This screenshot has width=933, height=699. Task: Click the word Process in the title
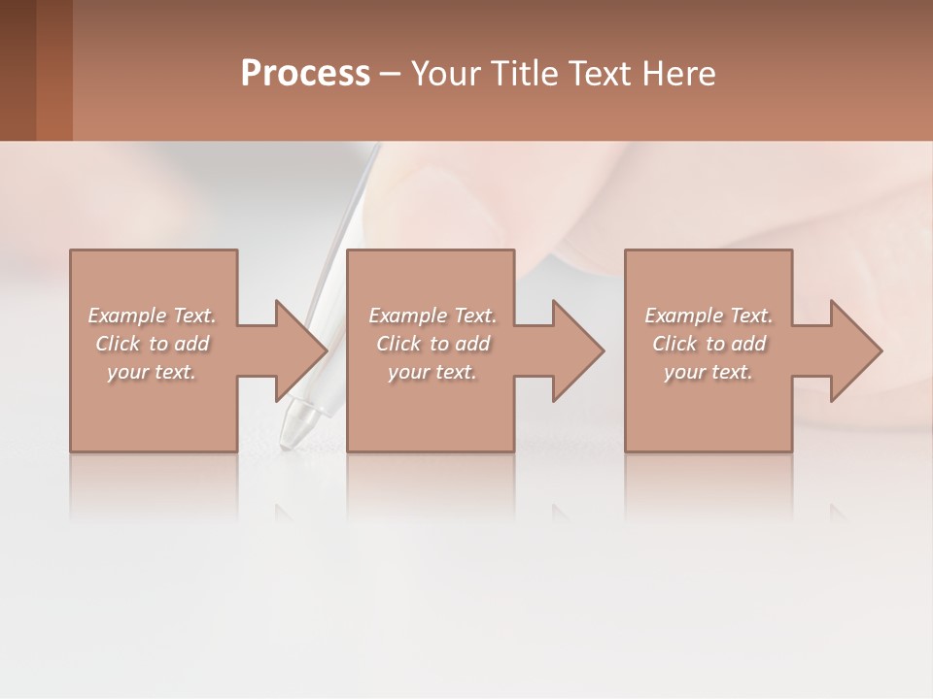click(x=305, y=74)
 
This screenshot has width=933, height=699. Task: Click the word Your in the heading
click(x=446, y=74)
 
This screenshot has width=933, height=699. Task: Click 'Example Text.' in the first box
click(x=152, y=316)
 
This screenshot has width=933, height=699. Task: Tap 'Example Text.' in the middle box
click(x=432, y=316)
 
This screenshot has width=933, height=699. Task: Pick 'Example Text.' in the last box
click(x=708, y=316)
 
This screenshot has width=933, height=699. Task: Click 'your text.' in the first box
click(x=152, y=372)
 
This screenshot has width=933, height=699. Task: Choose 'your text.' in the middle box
click(x=432, y=372)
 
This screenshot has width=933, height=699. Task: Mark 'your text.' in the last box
click(x=708, y=372)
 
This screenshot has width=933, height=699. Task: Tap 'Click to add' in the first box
click(x=152, y=344)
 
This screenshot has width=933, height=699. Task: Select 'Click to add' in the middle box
click(x=432, y=344)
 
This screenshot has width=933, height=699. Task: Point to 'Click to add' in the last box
click(x=708, y=344)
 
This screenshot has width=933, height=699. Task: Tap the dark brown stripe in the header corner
click(x=17, y=70)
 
